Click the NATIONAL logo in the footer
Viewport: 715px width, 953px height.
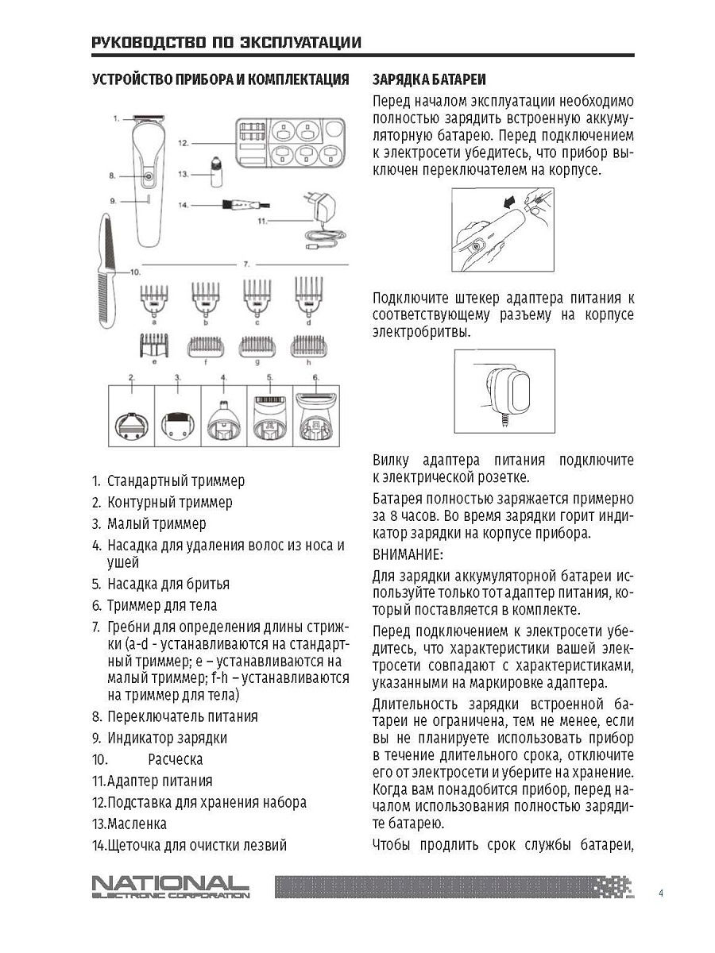click(170, 887)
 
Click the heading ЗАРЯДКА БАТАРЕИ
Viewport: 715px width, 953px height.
click(429, 80)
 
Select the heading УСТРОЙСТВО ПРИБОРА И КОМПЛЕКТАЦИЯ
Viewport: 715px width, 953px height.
click(220, 80)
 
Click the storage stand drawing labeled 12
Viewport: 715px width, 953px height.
click(292, 142)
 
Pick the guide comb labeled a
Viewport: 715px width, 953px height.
click(153, 300)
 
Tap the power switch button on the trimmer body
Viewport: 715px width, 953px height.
click(148, 176)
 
